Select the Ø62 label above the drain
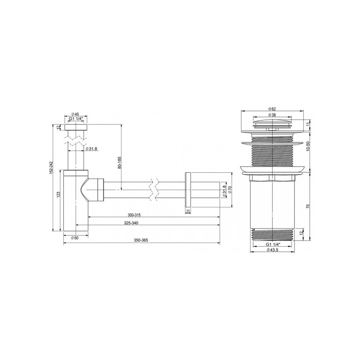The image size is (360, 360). click(272, 109)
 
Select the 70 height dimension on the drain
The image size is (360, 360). click(308, 206)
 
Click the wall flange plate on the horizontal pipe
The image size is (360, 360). click(188, 190)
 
